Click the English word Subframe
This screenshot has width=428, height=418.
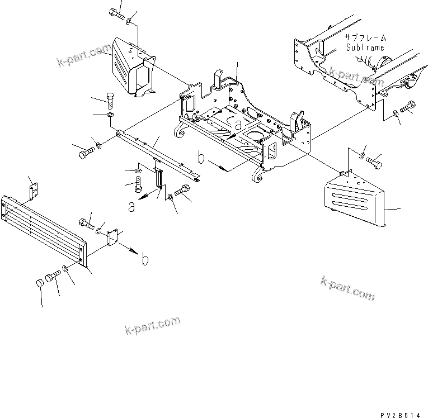[365, 48]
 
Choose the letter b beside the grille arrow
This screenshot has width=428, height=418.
[145, 260]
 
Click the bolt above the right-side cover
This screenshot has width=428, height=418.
[375, 159]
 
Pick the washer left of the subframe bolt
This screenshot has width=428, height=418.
[396, 113]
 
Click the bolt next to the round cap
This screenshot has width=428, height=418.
[53, 276]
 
